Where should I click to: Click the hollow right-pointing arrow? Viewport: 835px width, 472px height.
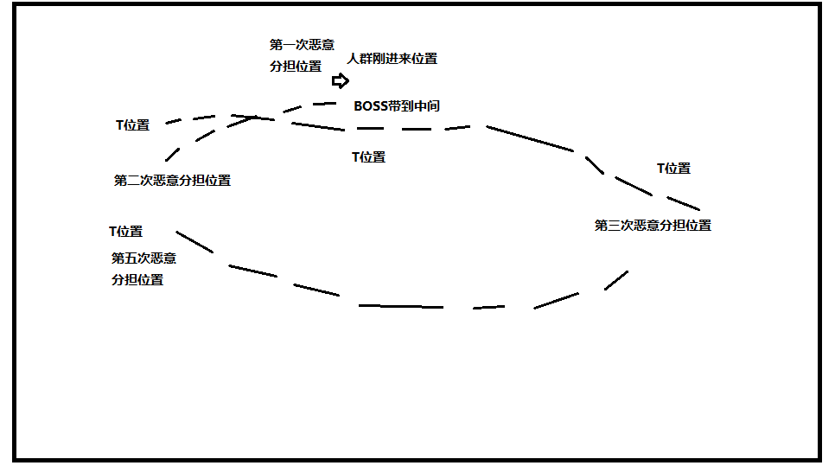click(x=341, y=81)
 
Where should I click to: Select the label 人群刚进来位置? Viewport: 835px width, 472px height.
click(x=392, y=59)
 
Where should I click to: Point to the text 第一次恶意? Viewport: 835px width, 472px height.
click(x=302, y=44)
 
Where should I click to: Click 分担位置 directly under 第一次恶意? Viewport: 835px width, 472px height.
click(x=296, y=66)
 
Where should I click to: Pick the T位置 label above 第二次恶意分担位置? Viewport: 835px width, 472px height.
click(x=132, y=125)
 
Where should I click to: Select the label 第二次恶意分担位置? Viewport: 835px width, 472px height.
click(x=172, y=181)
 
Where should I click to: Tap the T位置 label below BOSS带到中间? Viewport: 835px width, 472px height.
click(x=368, y=157)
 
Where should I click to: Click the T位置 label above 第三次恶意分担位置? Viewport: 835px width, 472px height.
click(x=673, y=169)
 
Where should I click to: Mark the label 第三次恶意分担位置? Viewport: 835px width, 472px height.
click(x=653, y=226)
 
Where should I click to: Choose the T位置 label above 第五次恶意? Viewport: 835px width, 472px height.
click(x=125, y=232)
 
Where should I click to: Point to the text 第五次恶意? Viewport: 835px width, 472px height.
click(x=143, y=258)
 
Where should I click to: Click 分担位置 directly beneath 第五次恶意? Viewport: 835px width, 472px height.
click(x=137, y=280)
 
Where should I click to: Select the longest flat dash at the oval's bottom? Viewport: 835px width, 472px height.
click(x=400, y=306)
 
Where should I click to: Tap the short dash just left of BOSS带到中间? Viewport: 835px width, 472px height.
click(x=324, y=103)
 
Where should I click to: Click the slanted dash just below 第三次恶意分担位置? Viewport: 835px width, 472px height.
click(x=615, y=280)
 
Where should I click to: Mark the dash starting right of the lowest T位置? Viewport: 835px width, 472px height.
click(x=194, y=241)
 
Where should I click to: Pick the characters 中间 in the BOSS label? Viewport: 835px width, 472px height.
click(x=426, y=105)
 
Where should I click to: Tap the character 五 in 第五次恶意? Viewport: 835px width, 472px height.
click(x=131, y=258)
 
